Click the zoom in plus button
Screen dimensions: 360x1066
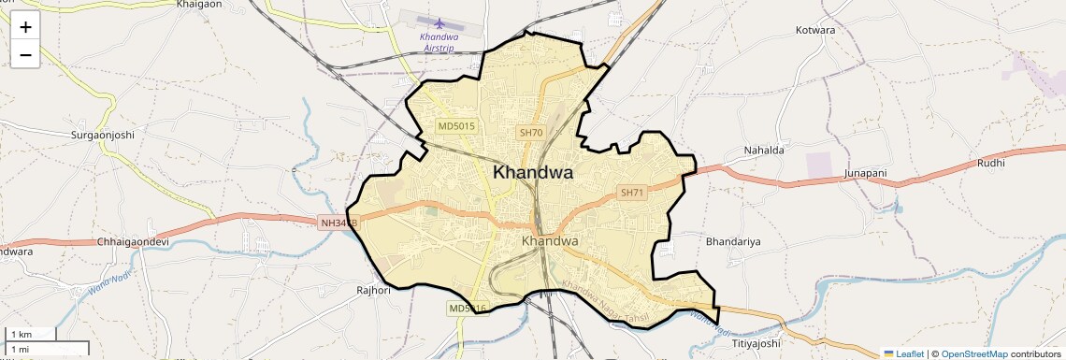coord(25,26)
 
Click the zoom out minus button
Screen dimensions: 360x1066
coord(25,54)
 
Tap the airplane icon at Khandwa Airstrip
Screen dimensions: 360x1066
coord(440,22)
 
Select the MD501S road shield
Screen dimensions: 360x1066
coord(457,125)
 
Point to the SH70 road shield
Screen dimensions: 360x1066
coord(531,133)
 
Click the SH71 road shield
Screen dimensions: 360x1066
coord(632,193)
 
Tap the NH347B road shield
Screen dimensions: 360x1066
coord(339,223)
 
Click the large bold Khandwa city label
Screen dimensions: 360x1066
coord(533,172)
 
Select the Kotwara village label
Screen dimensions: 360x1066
coord(814,30)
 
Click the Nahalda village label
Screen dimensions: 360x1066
coord(763,150)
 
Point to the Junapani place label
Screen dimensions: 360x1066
coord(865,174)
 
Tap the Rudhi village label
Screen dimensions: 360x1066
coord(990,163)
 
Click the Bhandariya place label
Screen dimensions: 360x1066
coord(734,241)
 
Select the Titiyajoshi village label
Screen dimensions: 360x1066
coord(756,343)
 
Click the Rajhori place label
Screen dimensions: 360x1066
coord(373,290)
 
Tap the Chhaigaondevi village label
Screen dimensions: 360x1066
coord(133,241)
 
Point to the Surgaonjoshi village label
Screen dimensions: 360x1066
coord(103,135)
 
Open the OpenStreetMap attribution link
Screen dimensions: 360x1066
coord(973,353)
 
